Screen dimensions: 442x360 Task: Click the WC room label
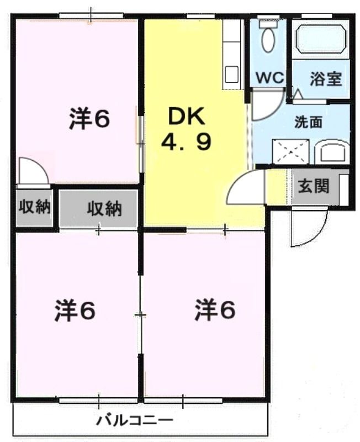coord(269,78)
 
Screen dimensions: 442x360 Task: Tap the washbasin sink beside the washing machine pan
coord(332,152)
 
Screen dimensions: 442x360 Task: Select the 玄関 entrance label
coord(314,186)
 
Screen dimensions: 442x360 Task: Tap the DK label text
coord(186,117)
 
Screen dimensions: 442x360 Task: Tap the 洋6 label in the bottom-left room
coord(75,311)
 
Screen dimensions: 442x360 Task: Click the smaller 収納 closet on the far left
coord(35,207)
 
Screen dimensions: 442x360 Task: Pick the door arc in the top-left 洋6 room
coord(32,171)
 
